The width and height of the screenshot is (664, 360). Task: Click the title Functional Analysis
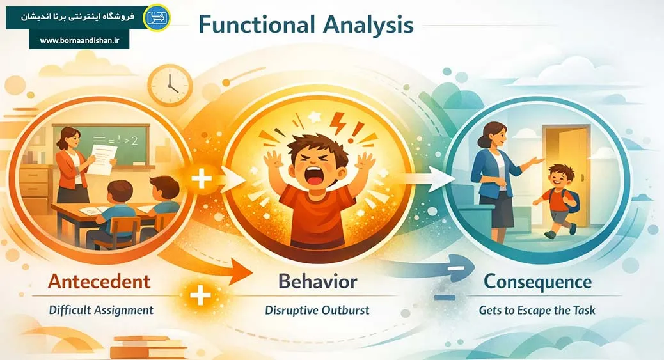(306, 24)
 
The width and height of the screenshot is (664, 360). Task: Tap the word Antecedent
(100, 281)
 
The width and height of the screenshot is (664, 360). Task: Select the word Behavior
(317, 281)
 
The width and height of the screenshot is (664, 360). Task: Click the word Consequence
(538, 281)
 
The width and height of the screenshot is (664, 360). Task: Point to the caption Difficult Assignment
(101, 310)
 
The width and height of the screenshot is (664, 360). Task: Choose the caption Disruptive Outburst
(317, 310)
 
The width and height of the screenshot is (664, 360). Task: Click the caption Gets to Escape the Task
(537, 311)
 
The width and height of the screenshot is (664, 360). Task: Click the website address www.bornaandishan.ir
(79, 41)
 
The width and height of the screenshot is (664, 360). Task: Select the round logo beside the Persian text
(157, 17)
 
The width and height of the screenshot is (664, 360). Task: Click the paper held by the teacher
(102, 159)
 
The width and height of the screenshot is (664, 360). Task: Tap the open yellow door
(567, 176)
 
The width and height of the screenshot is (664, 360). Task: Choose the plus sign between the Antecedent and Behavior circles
(202, 179)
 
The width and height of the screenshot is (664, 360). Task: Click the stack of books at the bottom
(148, 347)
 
